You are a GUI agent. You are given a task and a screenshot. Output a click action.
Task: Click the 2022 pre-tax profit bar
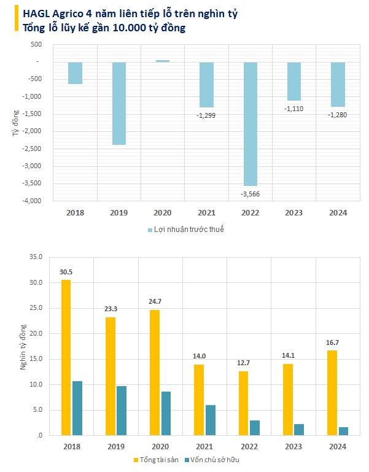pyautogui.click(x=251, y=123)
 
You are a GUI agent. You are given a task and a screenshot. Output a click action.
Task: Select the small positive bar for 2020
pyautogui.click(x=163, y=61)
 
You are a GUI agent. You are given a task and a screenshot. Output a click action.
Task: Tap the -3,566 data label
pyautogui.click(x=251, y=194)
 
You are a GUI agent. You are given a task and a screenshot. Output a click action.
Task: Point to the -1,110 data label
pyautogui.click(x=294, y=109)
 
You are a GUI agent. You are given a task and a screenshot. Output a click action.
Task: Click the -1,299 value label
pyautogui.click(x=206, y=115)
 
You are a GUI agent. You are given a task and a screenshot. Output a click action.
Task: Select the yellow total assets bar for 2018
pyautogui.click(x=66, y=357)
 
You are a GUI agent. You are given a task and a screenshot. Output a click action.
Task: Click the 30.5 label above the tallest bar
pyautogui.click(x=66, y=271)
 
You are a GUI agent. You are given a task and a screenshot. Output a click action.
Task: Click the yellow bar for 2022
pyautogui.click(x=243, y=403)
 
